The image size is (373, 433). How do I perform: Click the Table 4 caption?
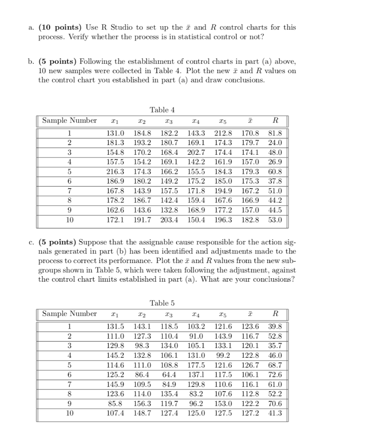(162, 110)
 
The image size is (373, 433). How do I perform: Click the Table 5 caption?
(162, 303)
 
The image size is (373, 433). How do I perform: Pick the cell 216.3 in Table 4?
(115, 172)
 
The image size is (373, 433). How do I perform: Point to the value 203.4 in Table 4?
(169, 220)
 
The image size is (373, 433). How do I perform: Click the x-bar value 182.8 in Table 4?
(250, 220)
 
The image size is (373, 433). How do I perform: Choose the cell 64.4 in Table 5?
(169, 375)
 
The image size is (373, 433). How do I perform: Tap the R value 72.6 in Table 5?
(275, 375)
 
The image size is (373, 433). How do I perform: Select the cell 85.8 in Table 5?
(116, 403)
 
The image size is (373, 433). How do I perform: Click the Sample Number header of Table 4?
(69, 121)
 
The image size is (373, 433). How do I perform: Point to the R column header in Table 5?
(275, 314)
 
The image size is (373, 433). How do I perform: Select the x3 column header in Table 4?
(169, 121)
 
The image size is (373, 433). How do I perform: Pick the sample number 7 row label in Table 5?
(69, 384)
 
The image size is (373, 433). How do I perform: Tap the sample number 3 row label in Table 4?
(69, 153)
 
